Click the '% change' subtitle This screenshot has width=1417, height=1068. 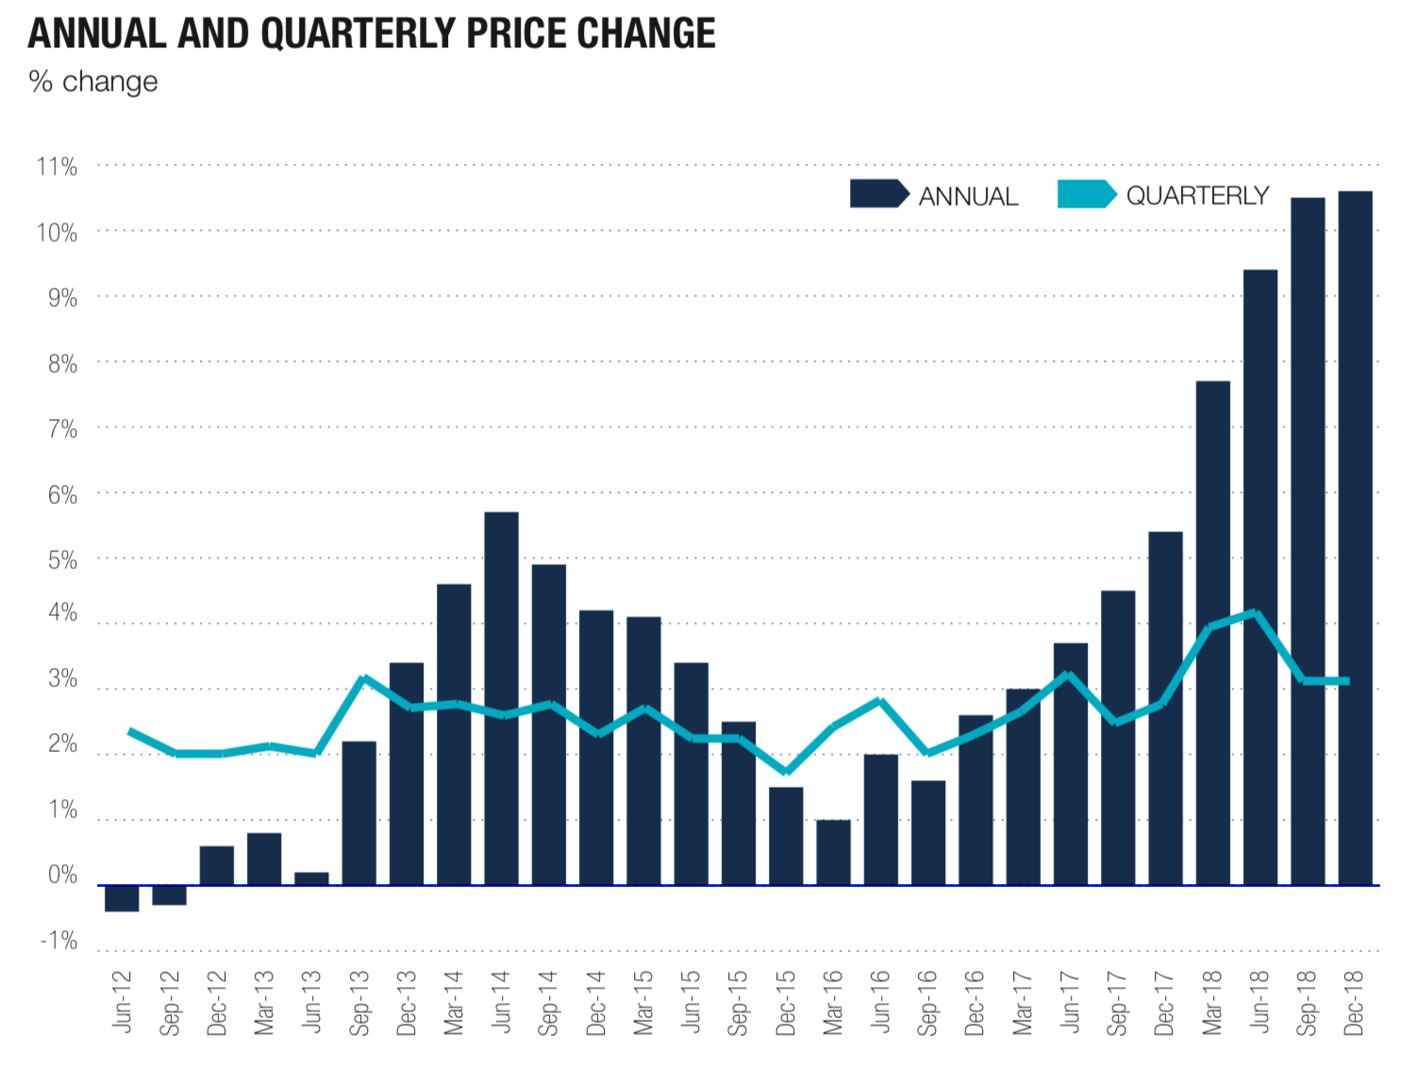[93, 82]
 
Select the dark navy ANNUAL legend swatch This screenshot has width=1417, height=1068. [877, 194]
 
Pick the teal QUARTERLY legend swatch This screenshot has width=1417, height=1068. [1085, 194]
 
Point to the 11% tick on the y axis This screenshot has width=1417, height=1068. [57, 167]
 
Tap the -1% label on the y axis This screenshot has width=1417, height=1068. [58, 941]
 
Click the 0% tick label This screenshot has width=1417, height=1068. [62, 875]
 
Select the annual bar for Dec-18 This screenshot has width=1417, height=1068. [1355, 538]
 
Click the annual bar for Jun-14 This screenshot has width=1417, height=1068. [501, 698]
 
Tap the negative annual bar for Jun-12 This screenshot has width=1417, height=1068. [122, 898]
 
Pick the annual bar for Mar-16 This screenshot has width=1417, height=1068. [833, 853]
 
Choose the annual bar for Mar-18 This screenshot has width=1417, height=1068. [1212, 632]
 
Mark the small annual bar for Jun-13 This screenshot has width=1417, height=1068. [311, 878]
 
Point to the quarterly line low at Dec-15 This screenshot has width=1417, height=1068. [787, 770]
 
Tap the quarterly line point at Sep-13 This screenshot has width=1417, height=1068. [363, 677]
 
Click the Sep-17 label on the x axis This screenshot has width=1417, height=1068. [1117, 1003]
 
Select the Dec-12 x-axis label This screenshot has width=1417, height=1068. [217, 1003]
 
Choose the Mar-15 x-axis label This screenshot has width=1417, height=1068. [643, 1003]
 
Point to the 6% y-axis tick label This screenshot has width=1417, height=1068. [62, 494]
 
